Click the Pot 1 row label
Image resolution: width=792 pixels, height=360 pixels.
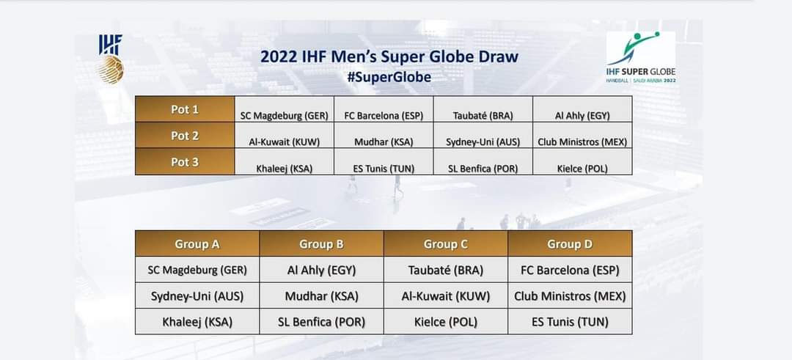point(185,109)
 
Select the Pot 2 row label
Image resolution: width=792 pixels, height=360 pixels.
point(185,136)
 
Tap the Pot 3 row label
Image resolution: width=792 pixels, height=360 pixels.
point(185,161)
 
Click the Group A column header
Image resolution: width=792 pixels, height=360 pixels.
point(197,244)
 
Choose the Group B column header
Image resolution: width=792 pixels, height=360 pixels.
point(321,244)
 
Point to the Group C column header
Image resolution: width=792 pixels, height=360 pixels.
point(446,244)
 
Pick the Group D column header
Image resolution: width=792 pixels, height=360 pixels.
point(570,244)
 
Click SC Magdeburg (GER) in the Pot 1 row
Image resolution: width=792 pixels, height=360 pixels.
point(285,116)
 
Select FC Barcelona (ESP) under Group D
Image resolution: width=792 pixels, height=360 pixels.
point(570,270)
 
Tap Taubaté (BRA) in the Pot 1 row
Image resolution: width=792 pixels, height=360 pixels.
point(483,116)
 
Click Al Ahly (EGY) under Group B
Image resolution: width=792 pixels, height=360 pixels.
point(321,270)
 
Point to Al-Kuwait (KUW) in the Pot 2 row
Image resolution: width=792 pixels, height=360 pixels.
point(285,142)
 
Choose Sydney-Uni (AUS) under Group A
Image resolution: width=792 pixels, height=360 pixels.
point(197,296)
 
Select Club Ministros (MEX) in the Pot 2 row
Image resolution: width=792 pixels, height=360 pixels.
point(582,142)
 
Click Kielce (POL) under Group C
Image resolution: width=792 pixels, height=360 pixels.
point(446,322)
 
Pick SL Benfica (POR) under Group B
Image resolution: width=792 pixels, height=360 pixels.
point(321,322)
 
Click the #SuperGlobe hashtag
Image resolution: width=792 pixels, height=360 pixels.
point(389,77)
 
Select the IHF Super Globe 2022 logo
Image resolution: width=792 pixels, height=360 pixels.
point(641,57)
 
